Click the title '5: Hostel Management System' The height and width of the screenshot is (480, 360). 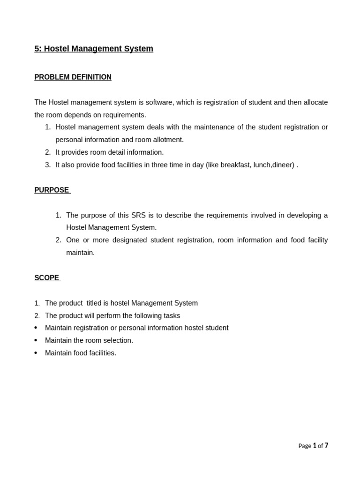click(94, 49)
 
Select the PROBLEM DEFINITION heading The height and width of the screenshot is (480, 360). click(73, 77)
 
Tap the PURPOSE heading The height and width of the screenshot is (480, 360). click(52, 190)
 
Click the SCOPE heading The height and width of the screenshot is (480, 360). click(47, 278)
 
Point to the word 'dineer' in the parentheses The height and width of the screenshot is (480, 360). click(283, 165)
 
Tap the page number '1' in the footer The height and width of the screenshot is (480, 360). click(315, 446)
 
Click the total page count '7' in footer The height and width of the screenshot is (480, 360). click(326, 446)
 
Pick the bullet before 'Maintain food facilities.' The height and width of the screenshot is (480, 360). click(36, 353)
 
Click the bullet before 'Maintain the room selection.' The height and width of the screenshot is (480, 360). click(36, 340)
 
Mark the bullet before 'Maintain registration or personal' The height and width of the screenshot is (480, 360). click(36, 328)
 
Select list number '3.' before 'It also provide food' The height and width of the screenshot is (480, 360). click(48, 165)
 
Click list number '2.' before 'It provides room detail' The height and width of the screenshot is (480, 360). click(48, 152)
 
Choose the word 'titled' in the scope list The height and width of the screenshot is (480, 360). click(96, 303)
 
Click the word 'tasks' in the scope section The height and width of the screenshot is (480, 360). click(171, 316)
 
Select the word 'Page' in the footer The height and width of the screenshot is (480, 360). click(305, 446)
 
